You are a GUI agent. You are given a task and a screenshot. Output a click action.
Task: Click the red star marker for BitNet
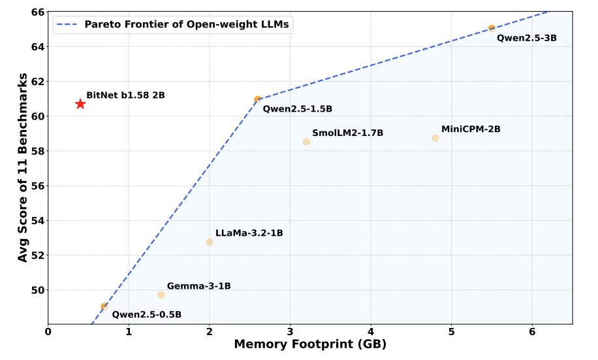(80, 104)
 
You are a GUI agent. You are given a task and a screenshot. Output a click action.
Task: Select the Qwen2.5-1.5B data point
(258, 99)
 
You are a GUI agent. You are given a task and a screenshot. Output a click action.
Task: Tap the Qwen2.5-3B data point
(492, 29)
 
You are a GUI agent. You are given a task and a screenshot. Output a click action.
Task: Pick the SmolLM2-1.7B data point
(306, 142)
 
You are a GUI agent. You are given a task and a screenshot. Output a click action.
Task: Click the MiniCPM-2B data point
(435, 138)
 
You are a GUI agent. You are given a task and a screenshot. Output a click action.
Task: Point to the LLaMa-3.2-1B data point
(210, 242)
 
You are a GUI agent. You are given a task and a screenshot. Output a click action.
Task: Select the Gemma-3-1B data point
(161, 295)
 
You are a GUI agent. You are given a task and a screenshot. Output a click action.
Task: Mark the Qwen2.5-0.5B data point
(104, 306)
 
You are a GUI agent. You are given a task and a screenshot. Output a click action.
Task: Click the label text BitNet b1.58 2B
(125, 95)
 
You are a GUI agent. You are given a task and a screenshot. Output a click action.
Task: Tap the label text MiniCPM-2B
(471, 129)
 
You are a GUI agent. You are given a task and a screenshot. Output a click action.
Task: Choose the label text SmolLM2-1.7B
(347, 133)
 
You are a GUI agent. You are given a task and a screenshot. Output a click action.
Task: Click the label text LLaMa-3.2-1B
(249, 233)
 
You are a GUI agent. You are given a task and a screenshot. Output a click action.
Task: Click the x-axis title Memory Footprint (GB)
(310, 344)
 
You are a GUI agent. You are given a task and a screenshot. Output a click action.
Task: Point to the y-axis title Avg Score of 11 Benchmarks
(24, 167)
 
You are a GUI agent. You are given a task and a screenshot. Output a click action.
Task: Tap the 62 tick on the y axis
(37, 82)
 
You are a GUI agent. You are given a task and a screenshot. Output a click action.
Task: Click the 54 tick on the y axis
(37, 221)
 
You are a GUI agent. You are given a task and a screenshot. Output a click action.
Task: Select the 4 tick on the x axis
(371, 331)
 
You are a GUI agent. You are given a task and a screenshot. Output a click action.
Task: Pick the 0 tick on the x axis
(48, 331)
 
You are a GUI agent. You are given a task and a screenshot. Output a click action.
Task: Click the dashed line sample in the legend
(69, 25)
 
